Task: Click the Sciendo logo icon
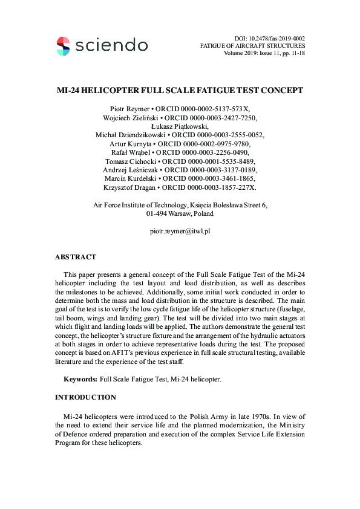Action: pos(63,45)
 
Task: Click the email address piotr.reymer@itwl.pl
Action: pos(180,231)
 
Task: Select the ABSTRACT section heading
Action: pos(76,258)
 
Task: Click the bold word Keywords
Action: pos(80,380)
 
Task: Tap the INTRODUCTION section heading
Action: pos(85,398)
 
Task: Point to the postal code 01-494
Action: pos(158,213)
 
